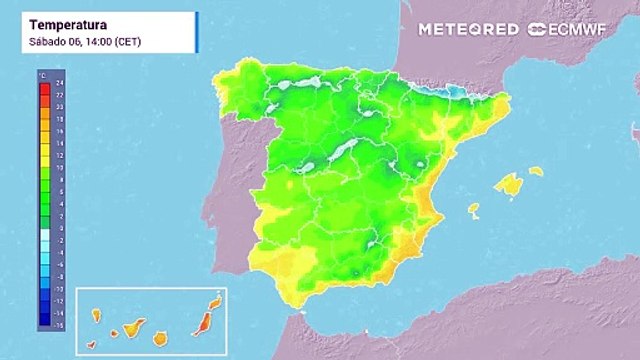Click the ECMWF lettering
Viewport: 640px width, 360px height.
click(579, 29)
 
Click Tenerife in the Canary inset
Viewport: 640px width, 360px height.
click(130, 328)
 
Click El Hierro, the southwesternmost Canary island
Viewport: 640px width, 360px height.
click(91, 345)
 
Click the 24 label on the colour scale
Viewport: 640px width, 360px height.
click(59, 84)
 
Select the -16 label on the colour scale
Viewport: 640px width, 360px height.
click(58, 325)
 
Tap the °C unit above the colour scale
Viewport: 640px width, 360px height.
click(43, 75)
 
